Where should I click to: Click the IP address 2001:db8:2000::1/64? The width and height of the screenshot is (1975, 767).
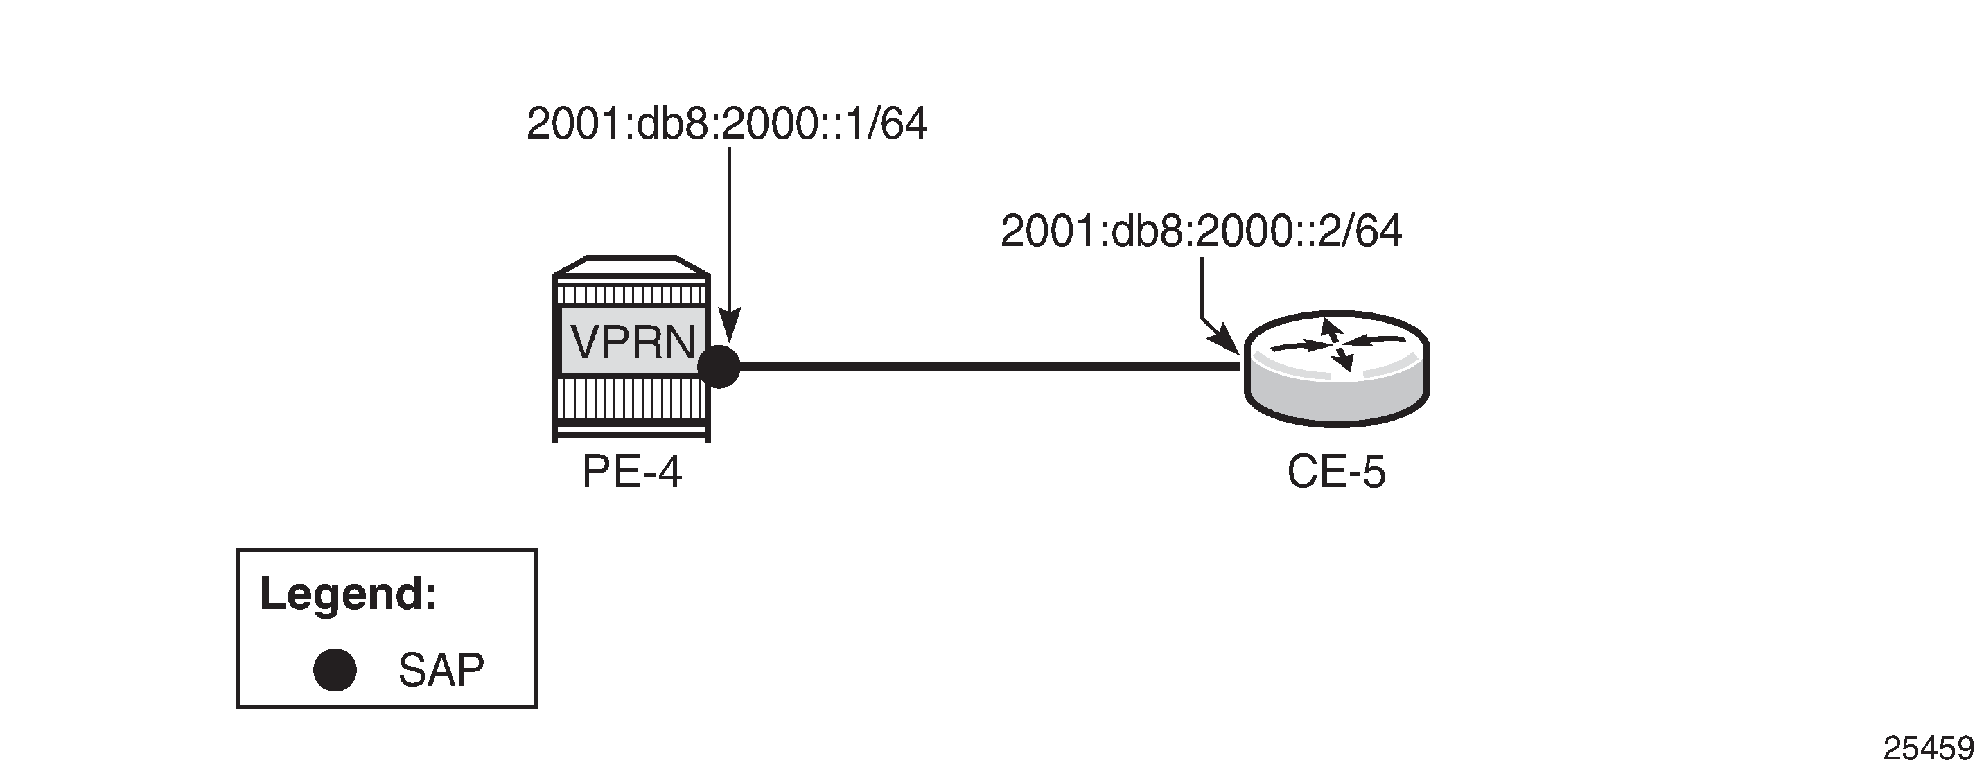pyautogui.click(x=727, y=124)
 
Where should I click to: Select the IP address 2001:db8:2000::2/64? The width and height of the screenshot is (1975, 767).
pyautogui.click(x=1202, y=231)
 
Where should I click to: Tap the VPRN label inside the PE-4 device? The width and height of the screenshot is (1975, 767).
pyautogui.click(x=633, y=342)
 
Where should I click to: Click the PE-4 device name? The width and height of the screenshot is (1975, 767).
pyautogui.click(x=632, y=471)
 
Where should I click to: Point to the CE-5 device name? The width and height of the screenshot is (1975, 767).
pyautogui.click(x=1336, y=472)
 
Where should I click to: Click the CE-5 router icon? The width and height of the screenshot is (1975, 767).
pyautogui.click(x=1336, y=368)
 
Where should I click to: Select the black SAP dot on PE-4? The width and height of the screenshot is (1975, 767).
pyautogui.click(x=719, y=367)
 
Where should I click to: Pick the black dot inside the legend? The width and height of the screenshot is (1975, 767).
pyautogui.click(x=335, y=670)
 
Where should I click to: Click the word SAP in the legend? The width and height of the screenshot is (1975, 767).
pyautogui.click(x=441, y=670)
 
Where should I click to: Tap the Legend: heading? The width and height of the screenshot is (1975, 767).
pyautogui.click(x=349, y=593)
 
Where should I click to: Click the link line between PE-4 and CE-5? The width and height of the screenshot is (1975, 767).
pyautogui.click(x=990, y=367)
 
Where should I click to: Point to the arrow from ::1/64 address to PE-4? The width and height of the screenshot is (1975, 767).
pyautogui.click(x=729, y=245)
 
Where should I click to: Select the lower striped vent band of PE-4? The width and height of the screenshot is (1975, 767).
pyautogui.click(x=632, y=399)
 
